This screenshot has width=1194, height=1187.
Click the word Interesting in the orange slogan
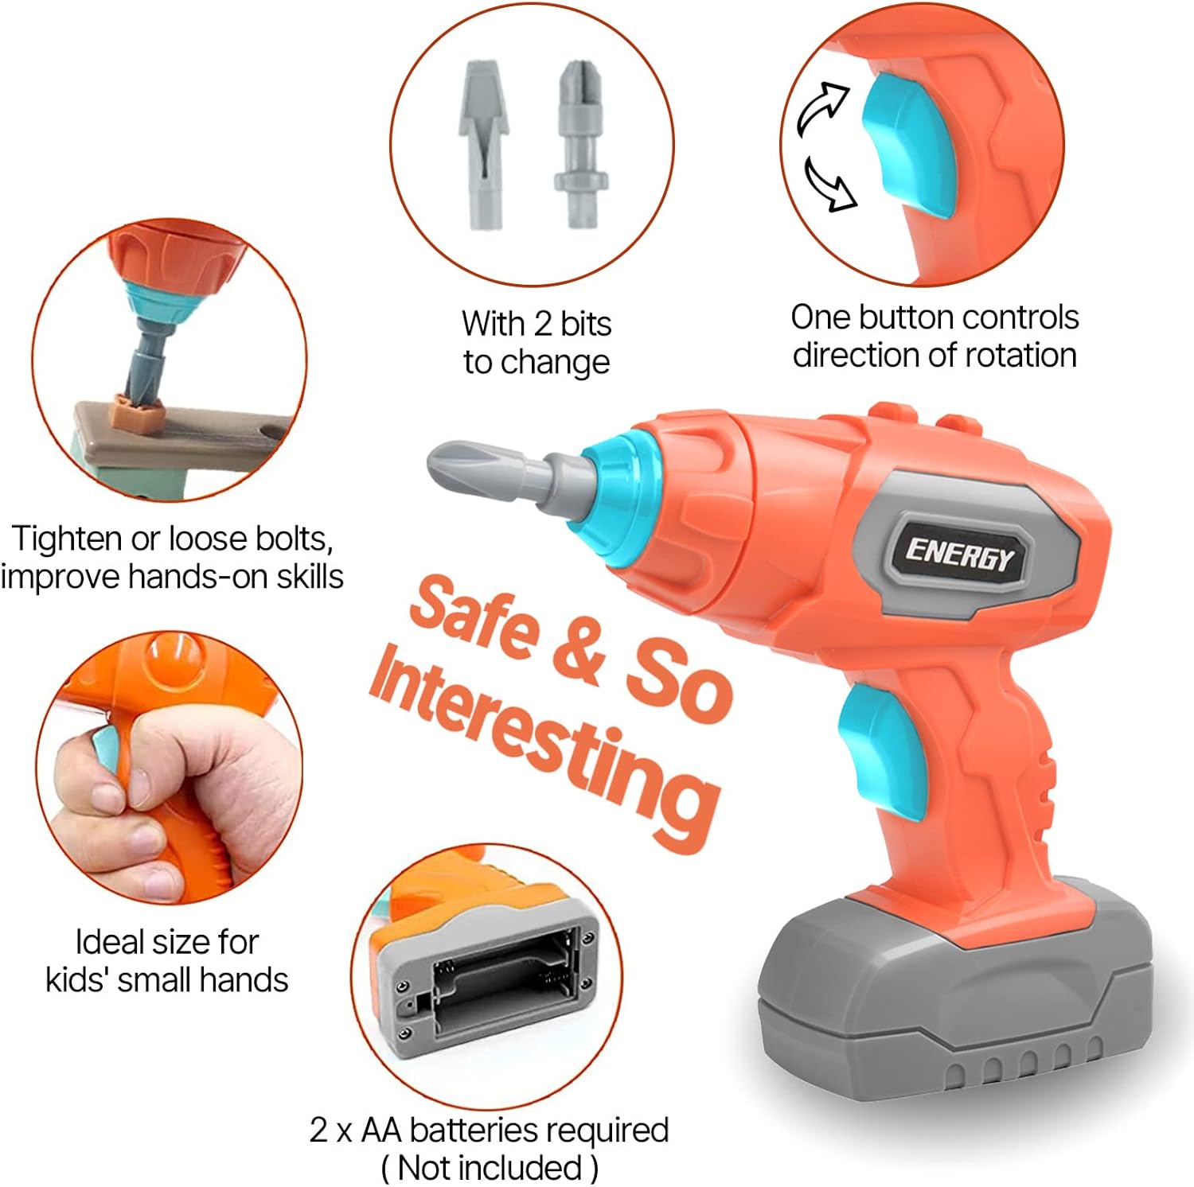click(545, 745)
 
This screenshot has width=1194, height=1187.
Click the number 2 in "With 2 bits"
click(543, 324)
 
